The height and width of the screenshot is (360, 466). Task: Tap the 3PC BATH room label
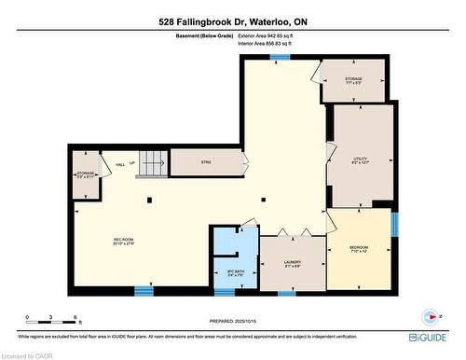[x=235, y=273]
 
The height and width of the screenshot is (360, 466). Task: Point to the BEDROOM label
[x=360, y=247]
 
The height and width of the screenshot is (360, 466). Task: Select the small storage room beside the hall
[x=85, y=174]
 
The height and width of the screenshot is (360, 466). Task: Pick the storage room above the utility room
[x=351, y=80]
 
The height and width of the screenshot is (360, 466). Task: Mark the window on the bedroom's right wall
[x=394, y=225]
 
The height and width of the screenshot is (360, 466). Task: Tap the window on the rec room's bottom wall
[x=143, y=290]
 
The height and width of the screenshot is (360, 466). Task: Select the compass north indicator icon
[x=430, y=315]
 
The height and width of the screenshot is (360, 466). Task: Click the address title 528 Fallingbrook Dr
[x=232, y=21]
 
